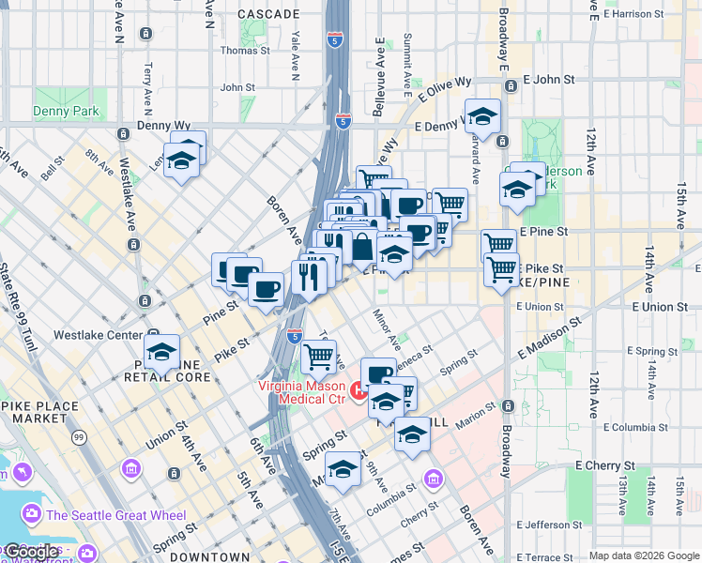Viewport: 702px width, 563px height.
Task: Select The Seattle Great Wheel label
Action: point(115,515)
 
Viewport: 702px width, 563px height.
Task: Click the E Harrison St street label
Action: point(647,14)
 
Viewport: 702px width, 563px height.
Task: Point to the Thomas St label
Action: point(244,51)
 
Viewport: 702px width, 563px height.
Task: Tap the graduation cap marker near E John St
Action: point(482,116)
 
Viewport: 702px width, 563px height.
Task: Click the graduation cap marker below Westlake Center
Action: point(162,353)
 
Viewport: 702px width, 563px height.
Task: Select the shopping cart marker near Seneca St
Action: point(319,356)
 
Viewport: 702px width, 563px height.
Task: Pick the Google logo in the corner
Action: point(32,552)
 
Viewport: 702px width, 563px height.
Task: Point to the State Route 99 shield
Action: point(80,438)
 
